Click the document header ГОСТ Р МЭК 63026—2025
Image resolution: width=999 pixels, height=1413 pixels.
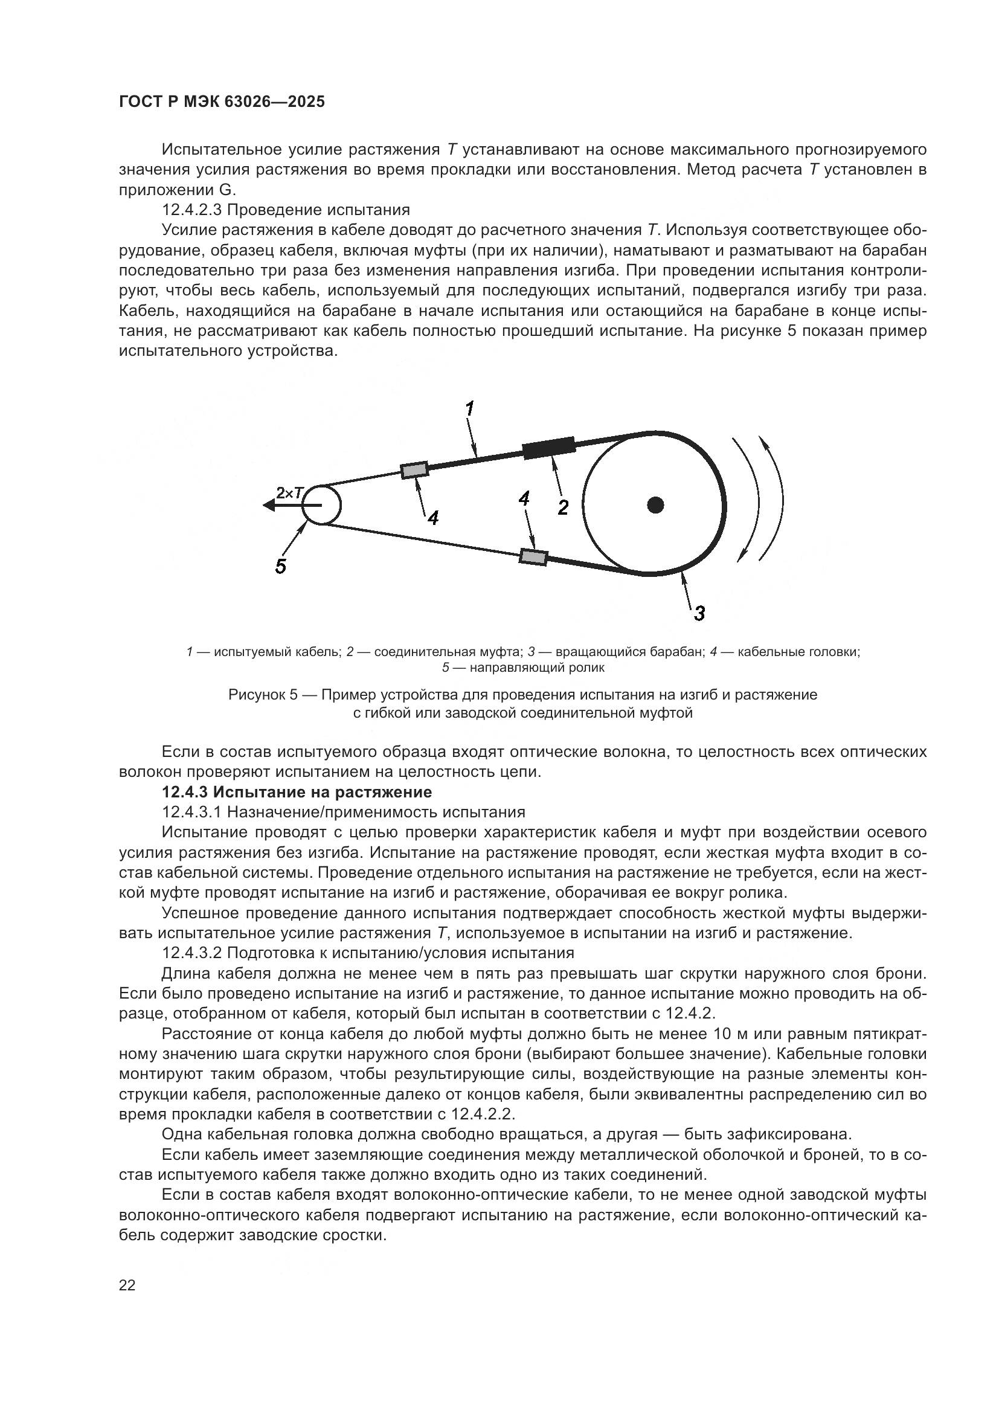pos(222,102)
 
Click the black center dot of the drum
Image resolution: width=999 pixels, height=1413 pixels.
pos(656,505)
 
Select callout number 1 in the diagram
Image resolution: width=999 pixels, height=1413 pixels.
pos(469,408)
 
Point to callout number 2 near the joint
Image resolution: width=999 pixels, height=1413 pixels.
pos(563,507)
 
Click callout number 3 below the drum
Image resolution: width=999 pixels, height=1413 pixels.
pos(699,613)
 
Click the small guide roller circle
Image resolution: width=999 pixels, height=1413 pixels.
pos(322,505)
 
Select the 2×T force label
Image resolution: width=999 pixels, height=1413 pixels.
pos(289,492)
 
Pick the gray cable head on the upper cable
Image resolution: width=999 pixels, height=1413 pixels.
pos(414,470)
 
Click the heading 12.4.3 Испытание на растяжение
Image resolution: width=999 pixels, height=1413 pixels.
pos(297,792)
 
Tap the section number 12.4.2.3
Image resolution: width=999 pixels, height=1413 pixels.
pos(192,210)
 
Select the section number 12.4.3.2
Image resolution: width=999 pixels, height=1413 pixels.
pos(192,953)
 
